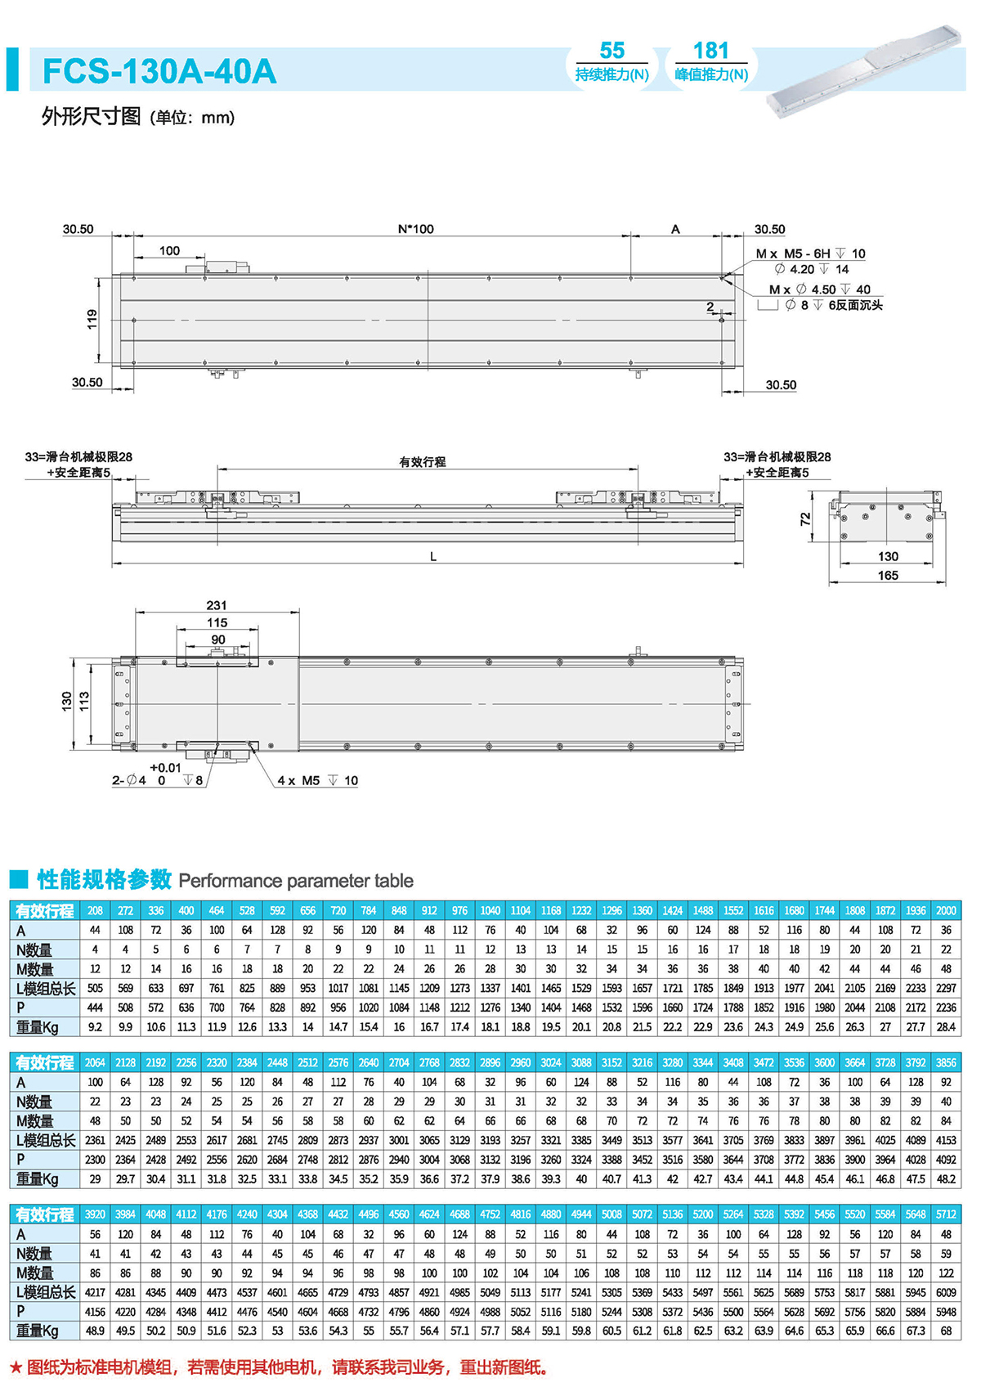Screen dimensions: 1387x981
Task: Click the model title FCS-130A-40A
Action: click(x=159, y=71)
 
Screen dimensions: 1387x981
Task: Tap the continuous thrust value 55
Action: click(x=611, y=51)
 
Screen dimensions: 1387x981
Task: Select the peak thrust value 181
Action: click(x=710, y=51)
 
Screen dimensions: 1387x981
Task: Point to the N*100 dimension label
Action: click(x=415, y=230)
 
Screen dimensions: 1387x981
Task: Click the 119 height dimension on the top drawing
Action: click(x=92, y=319)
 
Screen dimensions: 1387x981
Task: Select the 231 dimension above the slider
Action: click(x=217, y=605)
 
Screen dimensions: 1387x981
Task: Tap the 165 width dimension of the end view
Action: click(x=888, y=576)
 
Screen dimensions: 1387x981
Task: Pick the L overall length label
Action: click(x=433, y=557)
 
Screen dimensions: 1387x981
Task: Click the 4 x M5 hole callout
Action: click(x=317, y=781)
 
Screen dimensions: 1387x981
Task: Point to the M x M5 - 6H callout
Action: click(x=810, y=254)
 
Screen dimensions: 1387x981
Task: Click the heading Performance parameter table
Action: click(x=296, y=881)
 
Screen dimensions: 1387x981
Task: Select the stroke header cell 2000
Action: click(x=946, y=910)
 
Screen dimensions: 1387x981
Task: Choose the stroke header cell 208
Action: click(x=95, y=910)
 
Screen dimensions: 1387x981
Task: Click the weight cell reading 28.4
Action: click(x=946, y=1027)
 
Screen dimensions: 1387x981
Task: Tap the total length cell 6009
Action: click(x=946, y=1292)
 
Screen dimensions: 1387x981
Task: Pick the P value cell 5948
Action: click(x=946, y=1312)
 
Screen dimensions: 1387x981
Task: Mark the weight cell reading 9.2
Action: click(x=95, y=1027)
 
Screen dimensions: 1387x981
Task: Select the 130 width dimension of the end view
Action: click(x=888, y=557)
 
